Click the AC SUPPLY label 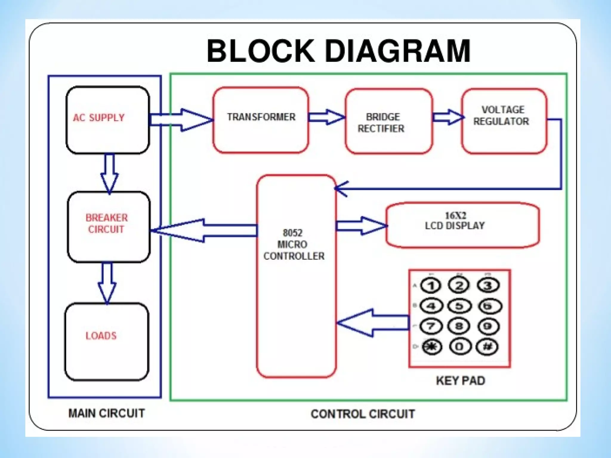pos(99,117)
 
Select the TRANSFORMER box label pos(261,117)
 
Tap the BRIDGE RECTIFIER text pos(382,123)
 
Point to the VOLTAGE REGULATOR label pos(502,115)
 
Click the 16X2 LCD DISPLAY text pos(455,221)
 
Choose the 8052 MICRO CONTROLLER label pos(294,245)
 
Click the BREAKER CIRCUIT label pos(107,223)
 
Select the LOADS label pos(101,336)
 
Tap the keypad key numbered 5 pos(459,306)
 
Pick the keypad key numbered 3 pos(487,286)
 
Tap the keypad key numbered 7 pos(431,326)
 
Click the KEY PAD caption pos(460,381)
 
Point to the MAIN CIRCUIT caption pos(107,413)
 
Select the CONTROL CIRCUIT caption pos(363,414)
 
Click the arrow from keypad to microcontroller pos(373,323)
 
